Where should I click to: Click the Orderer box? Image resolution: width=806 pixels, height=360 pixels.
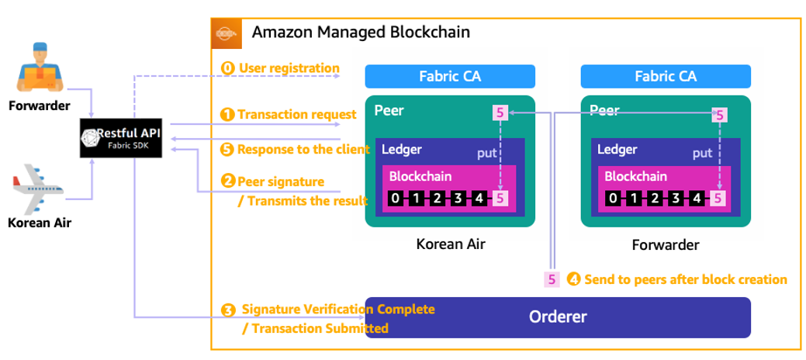pyautogui.click(x=557, y=317)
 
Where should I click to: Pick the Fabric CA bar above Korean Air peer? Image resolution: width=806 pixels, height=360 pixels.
pyautogui.click(x=450, y=76)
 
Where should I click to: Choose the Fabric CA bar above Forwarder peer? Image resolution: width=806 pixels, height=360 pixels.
pyautogui.click(x=666, y=76)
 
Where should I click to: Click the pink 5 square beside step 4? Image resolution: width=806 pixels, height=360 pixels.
pyautogui.click(x=552, y=279)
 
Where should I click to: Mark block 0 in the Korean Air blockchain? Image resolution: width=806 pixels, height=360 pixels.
pyautogui.click(x=396, y=199)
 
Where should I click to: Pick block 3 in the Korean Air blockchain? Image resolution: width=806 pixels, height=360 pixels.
pyautogui.click(x=458, y=199)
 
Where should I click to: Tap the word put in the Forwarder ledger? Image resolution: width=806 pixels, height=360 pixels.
pyautogui.click(x=702, y=154)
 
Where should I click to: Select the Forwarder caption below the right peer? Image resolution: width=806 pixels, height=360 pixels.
pyautogui.click(x=666, y=244)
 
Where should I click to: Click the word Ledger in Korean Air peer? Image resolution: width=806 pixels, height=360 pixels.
pyautogui.click(x=402, y=150)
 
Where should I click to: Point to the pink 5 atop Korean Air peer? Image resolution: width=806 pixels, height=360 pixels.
pyautogui.click(x=500, y=114)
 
